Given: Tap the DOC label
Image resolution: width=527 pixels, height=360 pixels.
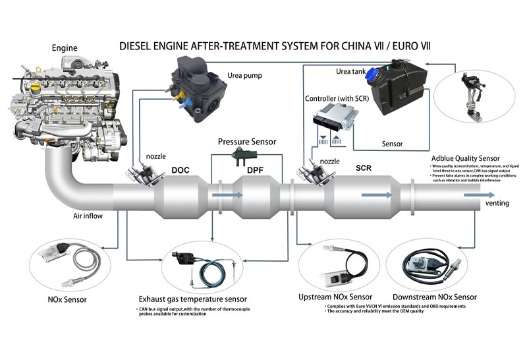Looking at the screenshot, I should pyautogui.click(x=180, y=170).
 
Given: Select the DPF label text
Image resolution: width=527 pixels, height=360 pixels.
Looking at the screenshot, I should pyautogui.click(x=255, y=170).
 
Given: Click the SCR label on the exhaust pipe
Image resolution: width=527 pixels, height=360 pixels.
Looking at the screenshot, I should pyautogui.click(x=362, y=168).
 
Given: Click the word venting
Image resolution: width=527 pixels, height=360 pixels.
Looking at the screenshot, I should pyautogui.click(x=497, y=203).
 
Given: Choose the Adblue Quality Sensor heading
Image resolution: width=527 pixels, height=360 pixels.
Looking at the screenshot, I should pyautogui.click(x=465, y=159).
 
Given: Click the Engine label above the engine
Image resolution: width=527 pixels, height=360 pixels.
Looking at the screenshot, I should pyautogui.click(x=65, y=47).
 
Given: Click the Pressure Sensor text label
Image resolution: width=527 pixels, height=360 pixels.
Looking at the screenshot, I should pyautogui.click(x=247, y=141).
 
